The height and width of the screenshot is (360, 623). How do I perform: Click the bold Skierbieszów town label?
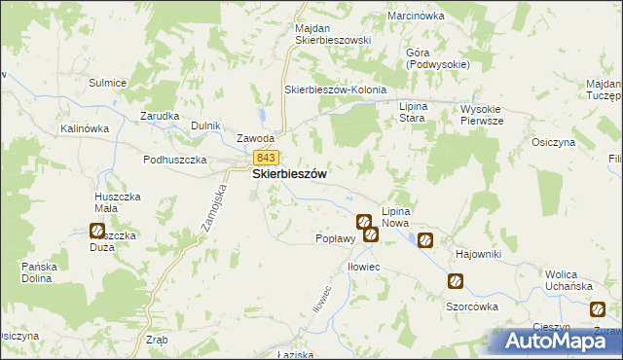pos(289,174)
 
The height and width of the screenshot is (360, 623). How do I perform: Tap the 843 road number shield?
pos(266,157)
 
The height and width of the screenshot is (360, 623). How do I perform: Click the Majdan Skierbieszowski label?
pos(334,33)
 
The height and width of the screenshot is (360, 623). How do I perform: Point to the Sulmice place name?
pos(108,83)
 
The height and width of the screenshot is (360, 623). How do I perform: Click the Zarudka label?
pos(160,115)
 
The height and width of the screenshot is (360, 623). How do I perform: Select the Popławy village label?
pos(334,238)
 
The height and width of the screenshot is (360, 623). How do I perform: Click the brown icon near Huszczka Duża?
pos(97,231)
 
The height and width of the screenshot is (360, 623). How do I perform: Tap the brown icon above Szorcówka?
pos(455,282)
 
